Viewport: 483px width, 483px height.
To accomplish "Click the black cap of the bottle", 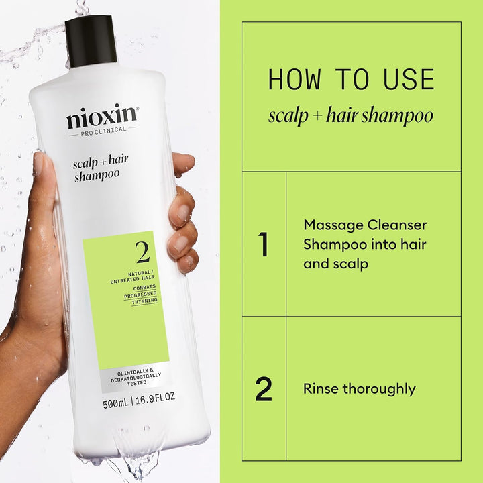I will click(91, 42).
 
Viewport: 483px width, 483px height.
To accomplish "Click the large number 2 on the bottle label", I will click(142, 253).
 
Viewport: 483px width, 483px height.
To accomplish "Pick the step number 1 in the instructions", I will click(264, 245).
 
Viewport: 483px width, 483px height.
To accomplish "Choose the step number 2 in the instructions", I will click(264, 390).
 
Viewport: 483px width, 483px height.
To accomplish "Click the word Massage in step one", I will click(329, 225).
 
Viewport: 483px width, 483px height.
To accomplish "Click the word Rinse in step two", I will click(321, 389).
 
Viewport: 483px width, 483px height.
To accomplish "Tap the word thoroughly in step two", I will click(379, 389).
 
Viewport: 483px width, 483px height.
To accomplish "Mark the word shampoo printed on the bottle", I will click(97, 175).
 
